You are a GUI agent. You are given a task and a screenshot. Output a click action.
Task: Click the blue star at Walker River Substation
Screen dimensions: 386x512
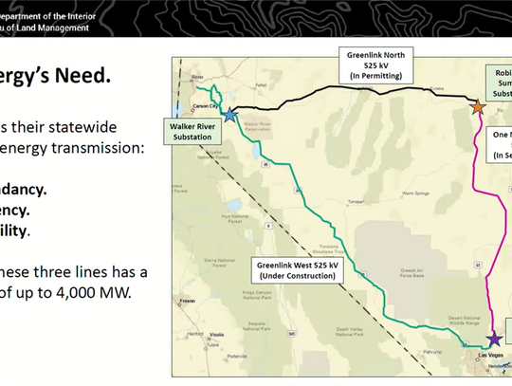click(230, 114)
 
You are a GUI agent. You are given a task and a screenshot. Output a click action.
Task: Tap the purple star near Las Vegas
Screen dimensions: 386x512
click(493, 339)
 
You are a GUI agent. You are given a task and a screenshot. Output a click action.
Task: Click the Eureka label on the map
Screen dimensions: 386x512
click(436, 86)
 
